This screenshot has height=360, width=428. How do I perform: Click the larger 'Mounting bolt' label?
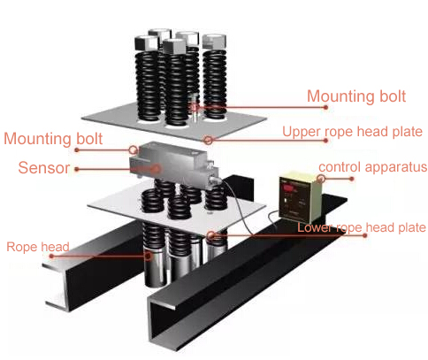tap(358, 96)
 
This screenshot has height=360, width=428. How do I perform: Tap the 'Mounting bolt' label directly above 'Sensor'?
tap(53, 139)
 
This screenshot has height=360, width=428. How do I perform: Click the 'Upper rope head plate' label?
tap(352, 132)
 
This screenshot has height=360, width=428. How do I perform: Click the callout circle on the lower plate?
tap(212, 235)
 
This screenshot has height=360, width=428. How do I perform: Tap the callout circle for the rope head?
tap(148, 256)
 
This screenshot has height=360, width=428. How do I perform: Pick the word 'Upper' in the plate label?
tap(300, 132)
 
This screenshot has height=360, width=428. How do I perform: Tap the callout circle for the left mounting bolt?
tap(134, 151)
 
